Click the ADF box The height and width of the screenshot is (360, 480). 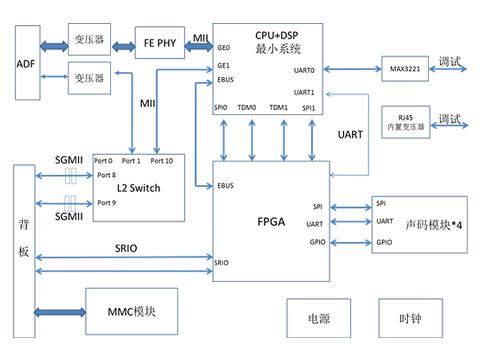click(x=28, y=62)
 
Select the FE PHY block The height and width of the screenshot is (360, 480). click(x=160, y=43)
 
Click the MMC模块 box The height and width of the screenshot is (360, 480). click(x=131, y=311)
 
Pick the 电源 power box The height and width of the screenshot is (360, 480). click(x=318, y=318)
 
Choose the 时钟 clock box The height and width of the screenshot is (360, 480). click(x=410, y=318)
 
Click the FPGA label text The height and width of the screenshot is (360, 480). click(x=271, y=221)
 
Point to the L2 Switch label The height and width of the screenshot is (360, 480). click(x=139, y=188)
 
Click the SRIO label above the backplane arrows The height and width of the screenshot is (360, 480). click(x=126, y=248)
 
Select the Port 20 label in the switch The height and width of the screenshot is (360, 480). click(x=162, y=161)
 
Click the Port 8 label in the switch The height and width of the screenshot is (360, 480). click(x=106, y=175)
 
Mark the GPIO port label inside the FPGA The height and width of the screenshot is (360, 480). click(x=317, y=242)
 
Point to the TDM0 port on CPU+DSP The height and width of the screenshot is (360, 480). click(x=247, y=108)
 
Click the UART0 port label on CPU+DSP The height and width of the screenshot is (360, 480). click(x=304, y=70)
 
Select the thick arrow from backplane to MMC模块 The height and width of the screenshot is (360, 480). click(x=60, y=312)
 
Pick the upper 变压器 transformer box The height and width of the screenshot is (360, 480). click(x=89, y=41)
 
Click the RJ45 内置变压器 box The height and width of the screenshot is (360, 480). click(x=406, y=122)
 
